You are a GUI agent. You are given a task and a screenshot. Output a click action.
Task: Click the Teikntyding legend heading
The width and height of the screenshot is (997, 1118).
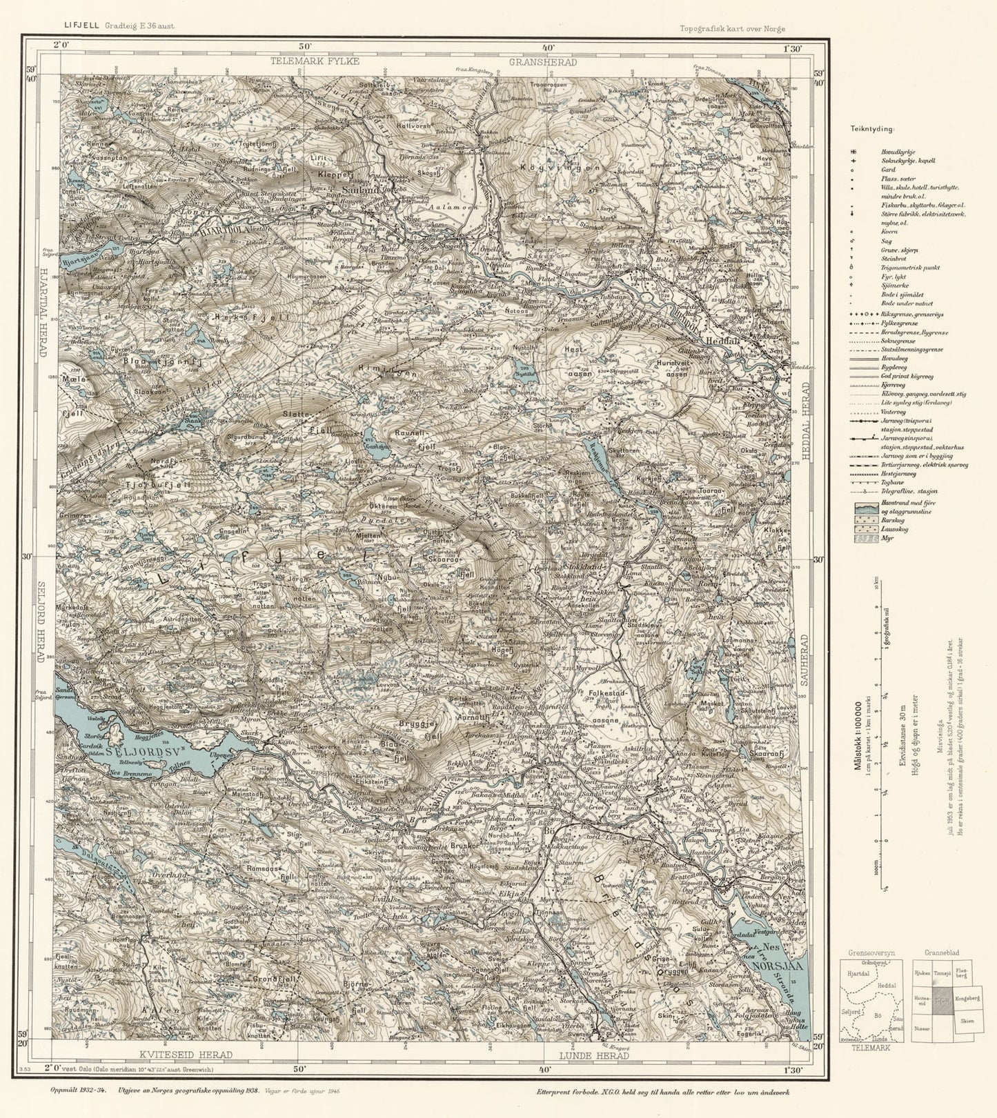pos(872,128)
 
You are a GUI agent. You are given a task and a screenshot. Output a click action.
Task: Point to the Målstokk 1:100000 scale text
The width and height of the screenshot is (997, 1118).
pos(858,735)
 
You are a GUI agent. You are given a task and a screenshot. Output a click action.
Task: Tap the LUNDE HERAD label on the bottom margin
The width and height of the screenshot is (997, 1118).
pos(594,1056)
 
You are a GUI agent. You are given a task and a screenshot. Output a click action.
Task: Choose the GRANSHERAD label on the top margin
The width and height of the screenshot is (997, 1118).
pos(543,62)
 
